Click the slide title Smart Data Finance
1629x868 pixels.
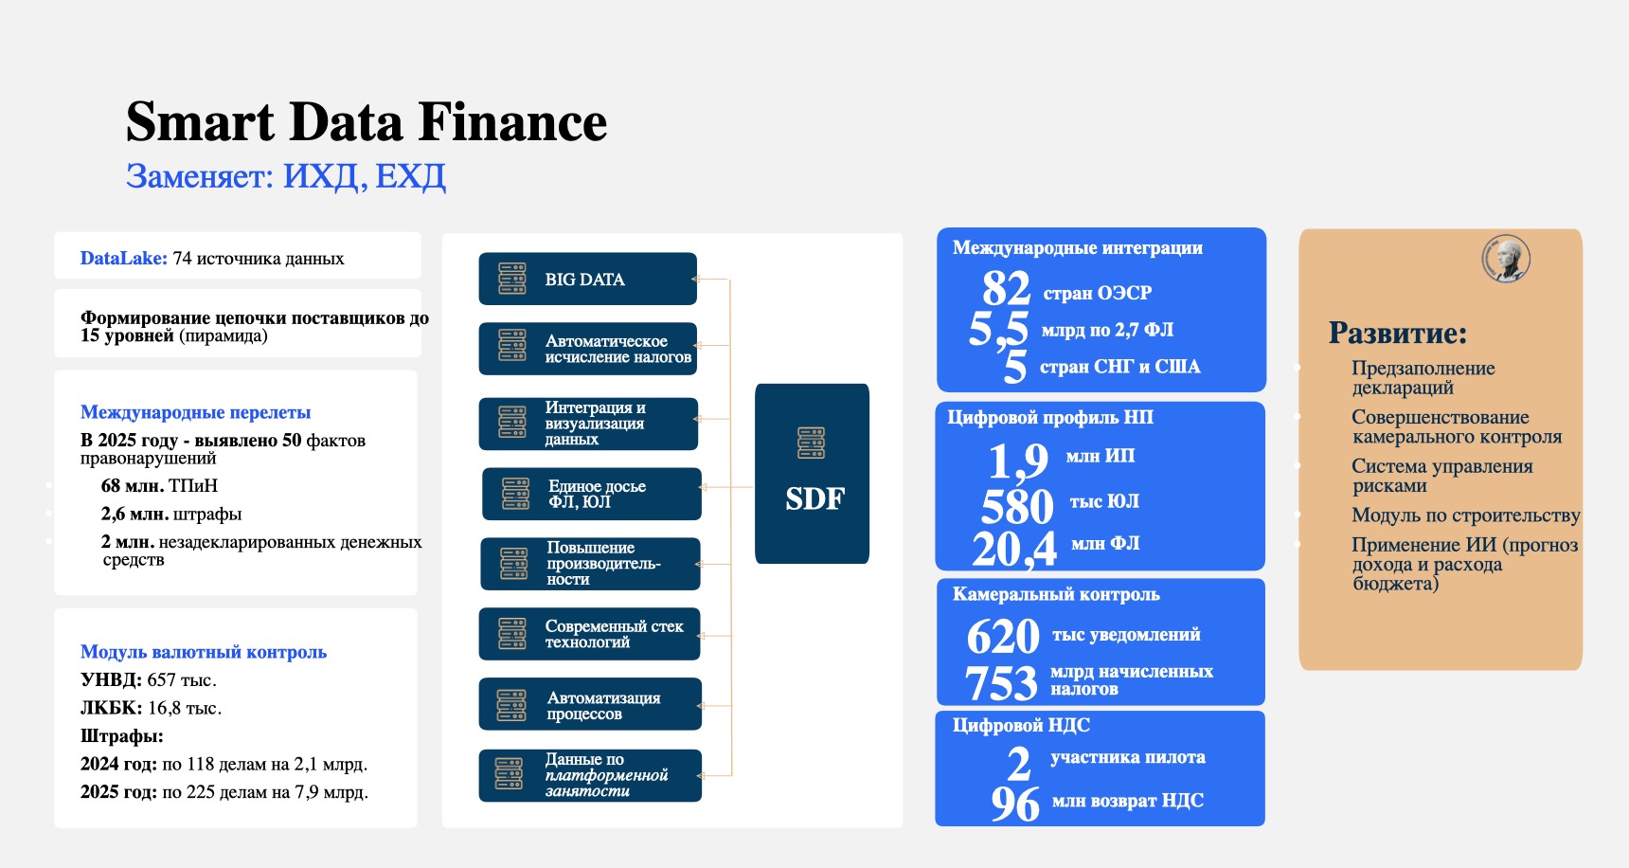(x=367, y=122)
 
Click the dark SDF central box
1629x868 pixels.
(x=812, y=474)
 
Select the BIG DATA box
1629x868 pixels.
(x=587, y=279)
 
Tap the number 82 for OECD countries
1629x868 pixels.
(x=1006, y=288)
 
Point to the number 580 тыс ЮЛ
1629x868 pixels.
(x=1017, y=506)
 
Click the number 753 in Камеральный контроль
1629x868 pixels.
(x=1001, y=683)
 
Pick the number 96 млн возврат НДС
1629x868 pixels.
(x=1015, y=804)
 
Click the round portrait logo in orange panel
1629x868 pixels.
(x=1506, y=259)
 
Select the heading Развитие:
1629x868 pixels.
(x=1398, y=333)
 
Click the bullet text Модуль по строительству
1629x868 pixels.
(x=1466, y=515)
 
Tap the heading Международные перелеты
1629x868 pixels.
(x=195, y=412)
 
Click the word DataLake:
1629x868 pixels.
(x=124, y=258)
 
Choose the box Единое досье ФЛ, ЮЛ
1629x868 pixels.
(x=592, y=494)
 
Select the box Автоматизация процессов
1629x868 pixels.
(x=590, y=704)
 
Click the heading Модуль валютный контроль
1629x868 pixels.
(x=204, y=652)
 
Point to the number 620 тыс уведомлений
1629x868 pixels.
(x=1003, y=637)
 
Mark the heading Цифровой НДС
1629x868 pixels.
(x=1021, y=725)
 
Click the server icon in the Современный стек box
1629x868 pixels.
(x=512, y=634)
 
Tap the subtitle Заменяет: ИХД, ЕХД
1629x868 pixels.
(x=286, y=176)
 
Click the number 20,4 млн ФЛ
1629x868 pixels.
(x=1014, y=549)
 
